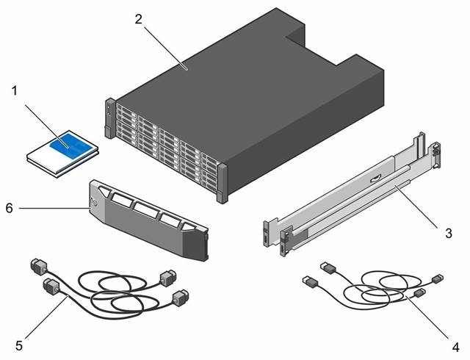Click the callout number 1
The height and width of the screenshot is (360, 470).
(15, 91)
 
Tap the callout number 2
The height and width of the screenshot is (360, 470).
(138, 20)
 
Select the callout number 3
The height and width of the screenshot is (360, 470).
(449, 233)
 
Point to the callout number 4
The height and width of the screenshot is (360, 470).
(455, 347)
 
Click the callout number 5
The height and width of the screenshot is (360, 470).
(19, 345)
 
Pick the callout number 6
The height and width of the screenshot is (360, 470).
(10, 208)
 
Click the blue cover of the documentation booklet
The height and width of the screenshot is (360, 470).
(70, 145)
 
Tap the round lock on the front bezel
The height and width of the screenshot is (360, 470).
(95, 203)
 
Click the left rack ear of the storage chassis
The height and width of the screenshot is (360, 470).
(109, 118)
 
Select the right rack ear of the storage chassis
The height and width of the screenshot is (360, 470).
(223, 183)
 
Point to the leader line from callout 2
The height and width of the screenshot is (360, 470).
(166, 48)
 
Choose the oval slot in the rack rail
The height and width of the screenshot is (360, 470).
(375, 179)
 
